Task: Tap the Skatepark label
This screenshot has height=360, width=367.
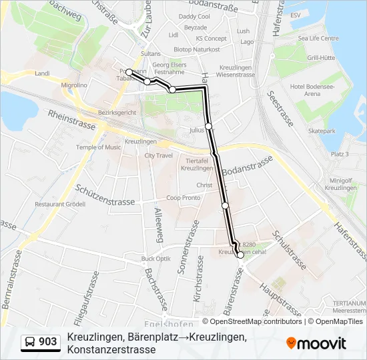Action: (322, 131)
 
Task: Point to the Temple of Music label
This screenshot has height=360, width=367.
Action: (99, 147)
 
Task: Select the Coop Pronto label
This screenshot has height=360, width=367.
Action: (183, 198)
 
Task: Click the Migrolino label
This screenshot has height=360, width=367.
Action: (74, 85)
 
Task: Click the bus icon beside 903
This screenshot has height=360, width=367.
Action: (31, 342)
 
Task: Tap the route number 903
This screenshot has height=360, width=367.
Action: (48, 342)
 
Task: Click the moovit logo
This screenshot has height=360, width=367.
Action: (316, 343)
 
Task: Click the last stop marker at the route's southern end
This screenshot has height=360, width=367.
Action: (240, 255)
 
